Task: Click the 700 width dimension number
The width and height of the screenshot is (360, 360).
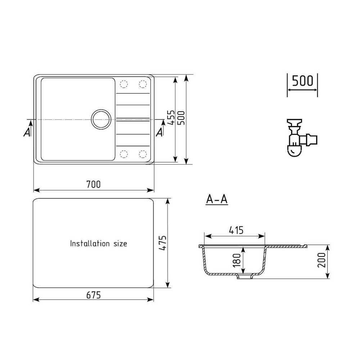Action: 93,184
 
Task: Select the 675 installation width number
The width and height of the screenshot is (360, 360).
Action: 93,294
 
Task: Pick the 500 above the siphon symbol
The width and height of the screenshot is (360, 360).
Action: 302,81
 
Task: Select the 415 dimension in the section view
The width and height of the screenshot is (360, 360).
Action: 235,230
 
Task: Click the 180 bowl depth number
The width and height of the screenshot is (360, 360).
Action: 236,260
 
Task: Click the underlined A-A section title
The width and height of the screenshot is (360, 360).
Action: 217,199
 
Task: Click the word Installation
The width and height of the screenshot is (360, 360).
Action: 89,244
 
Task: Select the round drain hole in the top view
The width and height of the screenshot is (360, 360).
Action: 100,119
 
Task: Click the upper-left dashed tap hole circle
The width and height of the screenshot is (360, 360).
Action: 123,84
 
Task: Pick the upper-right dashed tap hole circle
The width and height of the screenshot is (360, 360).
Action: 143,84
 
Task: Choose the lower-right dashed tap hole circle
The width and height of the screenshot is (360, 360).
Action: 143,154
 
